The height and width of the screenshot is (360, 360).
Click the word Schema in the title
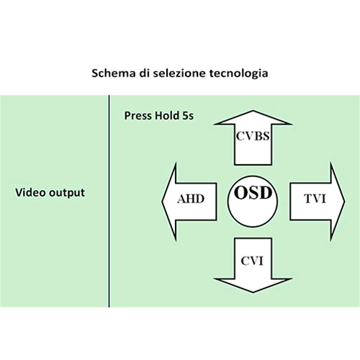tap(114, 73)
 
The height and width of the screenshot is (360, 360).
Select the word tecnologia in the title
tap(239, 73)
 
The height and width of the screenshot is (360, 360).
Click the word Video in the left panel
tap(30, 192)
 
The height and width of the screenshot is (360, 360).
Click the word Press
tap(138, 116)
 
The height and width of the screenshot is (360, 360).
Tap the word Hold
tap(167, 115)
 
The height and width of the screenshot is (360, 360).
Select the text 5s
tap(188, 116)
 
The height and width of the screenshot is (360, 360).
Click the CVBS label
tap(253, 136)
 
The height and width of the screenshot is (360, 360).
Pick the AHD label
tap(191, 199)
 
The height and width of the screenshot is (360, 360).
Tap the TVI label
tap(315, 199)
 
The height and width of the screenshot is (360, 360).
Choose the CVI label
tap(252, 261)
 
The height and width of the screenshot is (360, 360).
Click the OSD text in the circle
tap(253, 193)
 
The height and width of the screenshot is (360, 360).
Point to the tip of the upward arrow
tap(253, 111)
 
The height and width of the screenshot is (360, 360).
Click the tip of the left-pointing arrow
tap(162, 202)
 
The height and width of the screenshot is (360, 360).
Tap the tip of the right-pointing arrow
tap(345, 202)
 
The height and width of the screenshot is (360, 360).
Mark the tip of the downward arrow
tap(253, 292)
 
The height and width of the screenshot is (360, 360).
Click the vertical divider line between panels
tap(109, 201)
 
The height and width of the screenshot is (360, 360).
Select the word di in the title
tap(145, 73)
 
